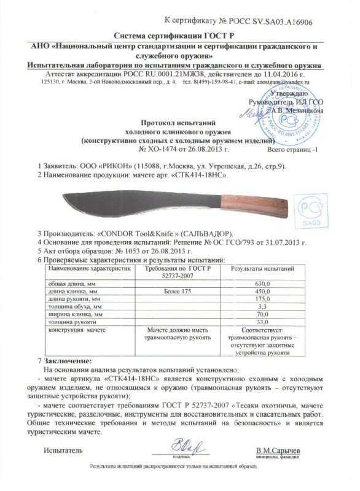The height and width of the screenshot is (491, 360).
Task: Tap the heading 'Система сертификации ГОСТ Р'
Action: pos(179,36)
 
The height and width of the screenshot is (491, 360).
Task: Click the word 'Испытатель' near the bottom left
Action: pos(63,451)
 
